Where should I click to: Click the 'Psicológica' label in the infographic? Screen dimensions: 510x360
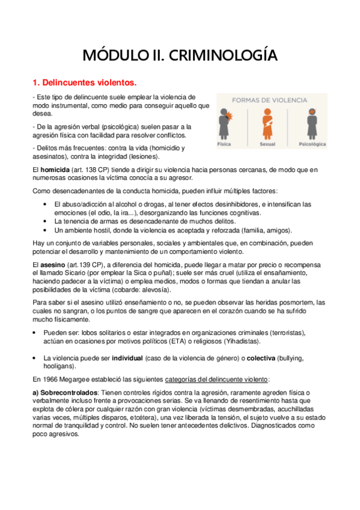[x=312, y=145]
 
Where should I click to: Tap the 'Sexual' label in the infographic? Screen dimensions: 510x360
[x=267, y=145]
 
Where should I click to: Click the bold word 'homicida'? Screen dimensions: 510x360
[x=54, y=170]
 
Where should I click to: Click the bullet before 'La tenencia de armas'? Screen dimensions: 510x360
[x=46, y=221]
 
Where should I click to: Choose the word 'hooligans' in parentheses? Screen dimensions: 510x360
[x=59, y=366]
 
